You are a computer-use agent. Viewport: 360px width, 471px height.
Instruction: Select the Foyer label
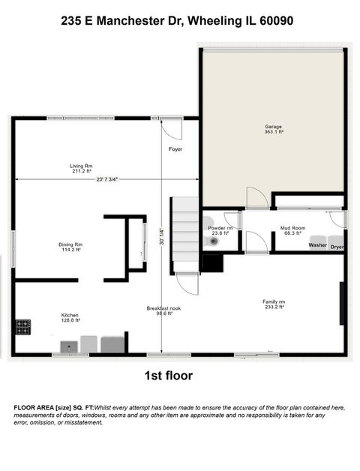point(175,149)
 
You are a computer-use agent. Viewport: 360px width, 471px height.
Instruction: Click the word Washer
point(317,245)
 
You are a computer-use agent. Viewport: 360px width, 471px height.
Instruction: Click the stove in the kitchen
point(23,327)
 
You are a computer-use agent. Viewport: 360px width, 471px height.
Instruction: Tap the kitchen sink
point(69,345)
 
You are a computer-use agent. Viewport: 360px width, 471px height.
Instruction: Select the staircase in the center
point(184,232)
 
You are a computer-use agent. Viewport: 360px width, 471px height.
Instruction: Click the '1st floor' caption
point(167,375)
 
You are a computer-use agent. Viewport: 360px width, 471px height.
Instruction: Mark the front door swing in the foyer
point(171,130)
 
